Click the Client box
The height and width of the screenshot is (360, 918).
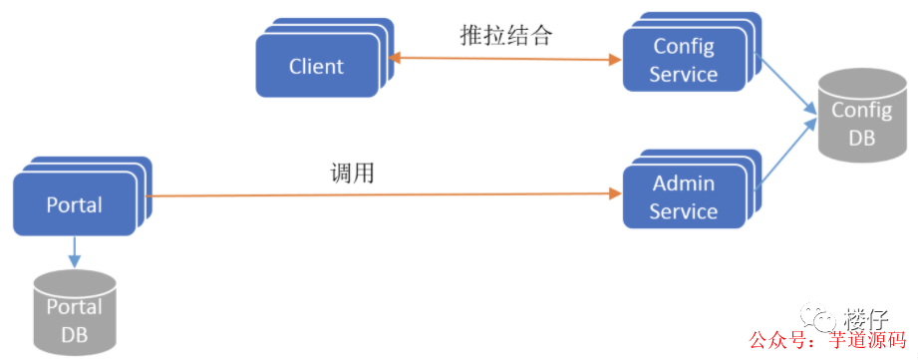click(x=315, y=67)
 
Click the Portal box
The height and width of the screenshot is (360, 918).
click(x=75, y=204)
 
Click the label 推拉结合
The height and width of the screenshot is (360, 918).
click(x=505, y=36)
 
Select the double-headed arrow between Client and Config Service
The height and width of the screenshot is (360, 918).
click(x=505, y=60)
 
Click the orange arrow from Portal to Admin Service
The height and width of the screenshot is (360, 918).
click(x=379, y=196)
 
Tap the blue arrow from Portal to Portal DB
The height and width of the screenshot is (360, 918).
click(x=75, y=252)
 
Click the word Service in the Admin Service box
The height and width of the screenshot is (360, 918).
click(x=683, y=211)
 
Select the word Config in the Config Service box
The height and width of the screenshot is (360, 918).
click(x=683, y=46)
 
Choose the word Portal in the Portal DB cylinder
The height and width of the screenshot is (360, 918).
click(x=75, y=310)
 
